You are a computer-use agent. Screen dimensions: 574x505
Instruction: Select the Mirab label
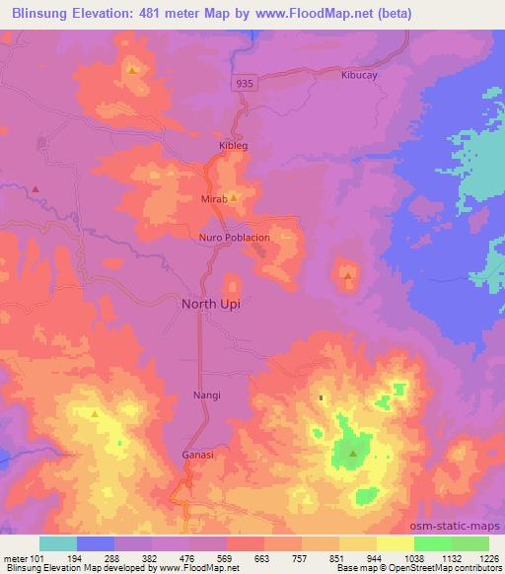pyautogui.click(x=214, y=198)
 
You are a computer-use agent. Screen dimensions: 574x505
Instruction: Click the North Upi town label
pyautogui.click(x=210, y=304)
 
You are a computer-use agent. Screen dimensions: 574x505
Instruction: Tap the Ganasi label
pyautogui.click(x=197, y=456)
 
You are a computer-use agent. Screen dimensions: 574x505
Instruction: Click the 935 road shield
pyautogui.click(x=246, y=84)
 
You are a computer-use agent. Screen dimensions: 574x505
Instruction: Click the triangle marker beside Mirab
pyautogui.click(x=235, y=196)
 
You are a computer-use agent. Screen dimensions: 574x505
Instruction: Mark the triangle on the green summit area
pyautogui.click(x=353, y=454)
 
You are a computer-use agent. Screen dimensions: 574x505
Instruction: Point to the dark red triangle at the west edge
pyautogui.click(x=36, y=188)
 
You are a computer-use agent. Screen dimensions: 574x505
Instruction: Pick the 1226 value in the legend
pyautogui.click(x=488, y=558)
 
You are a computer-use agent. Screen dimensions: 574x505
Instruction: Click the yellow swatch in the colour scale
pyautogui.click(x=396, y=543)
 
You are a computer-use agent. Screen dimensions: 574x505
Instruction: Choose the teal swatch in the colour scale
pyautogui.click(x=58, y=543)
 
